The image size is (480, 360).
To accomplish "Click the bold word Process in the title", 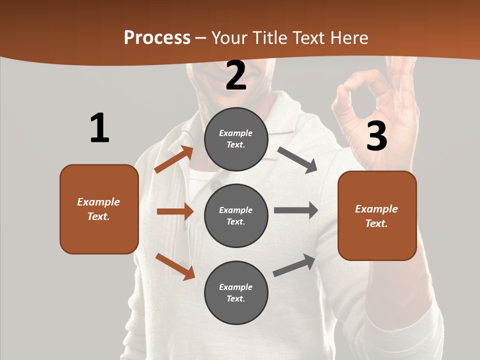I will pyautogui.click(x=157, y=38).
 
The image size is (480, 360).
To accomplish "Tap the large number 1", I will pyautogui.click(x=99, y=128).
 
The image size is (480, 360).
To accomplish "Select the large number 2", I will pyautogui.click(x=236, y=75).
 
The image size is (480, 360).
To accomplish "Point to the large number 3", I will pyautogui.click(x=376, y=136).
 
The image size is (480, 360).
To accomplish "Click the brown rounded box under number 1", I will pyautogui.click(x=99, y=209).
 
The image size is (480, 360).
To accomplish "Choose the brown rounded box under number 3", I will pyautogui.click(x=377, y=215).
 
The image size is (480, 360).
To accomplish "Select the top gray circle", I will pyautogui.click(x=236, y=139).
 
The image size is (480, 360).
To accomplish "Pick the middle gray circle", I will pyautogui.click(x=236, y=215).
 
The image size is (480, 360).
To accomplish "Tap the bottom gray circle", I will pyautogui.click(x=236, y=292).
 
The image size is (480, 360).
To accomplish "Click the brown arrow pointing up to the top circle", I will pyautogui.click(x=173, y=159).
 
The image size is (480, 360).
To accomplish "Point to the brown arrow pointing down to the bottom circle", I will pyautogui.click(x=175, y=266).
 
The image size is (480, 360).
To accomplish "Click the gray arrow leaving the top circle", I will pyautogui.click(x=297, y=160).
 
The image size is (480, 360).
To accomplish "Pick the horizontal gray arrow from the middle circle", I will pyautogui.click(x=295, y=210).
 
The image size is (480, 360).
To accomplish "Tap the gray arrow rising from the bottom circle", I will pyautogui.click(x=294, y=265).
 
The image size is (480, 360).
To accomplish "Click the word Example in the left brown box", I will pyautogui.click(x=98, y=202).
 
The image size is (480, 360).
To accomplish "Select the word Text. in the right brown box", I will pyautogui.click(x=376, y=223).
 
